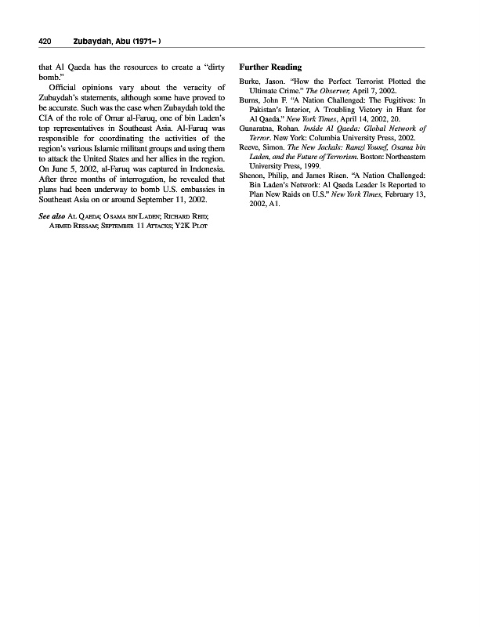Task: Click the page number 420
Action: [x=45, y=41]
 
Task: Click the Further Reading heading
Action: [x=270, y=67]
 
